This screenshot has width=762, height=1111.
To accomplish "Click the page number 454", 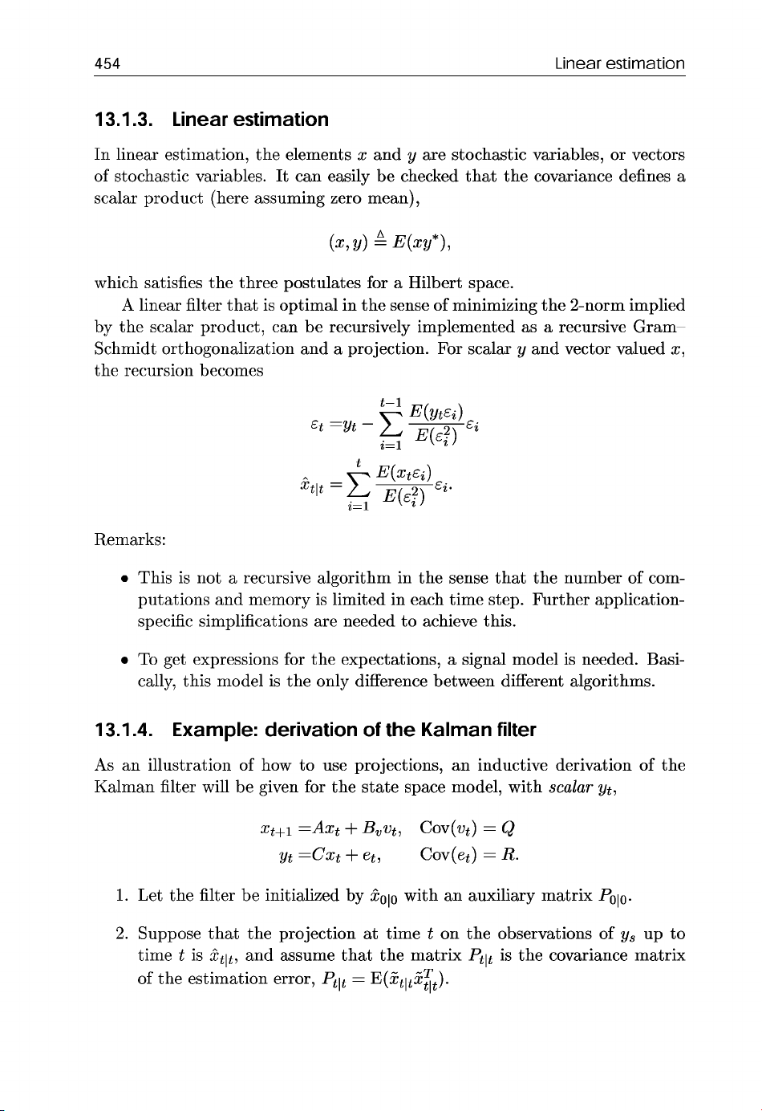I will [x=107, y=64].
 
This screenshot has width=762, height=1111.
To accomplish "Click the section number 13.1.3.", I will [x=124, y=120].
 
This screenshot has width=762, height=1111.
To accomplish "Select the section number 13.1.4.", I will [x=125, y=730].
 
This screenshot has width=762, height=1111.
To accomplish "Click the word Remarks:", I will [x=131, y=539].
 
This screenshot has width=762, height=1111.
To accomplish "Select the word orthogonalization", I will [x=225, y=349].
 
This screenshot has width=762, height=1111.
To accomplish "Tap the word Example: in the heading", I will [x=214, y=730].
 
